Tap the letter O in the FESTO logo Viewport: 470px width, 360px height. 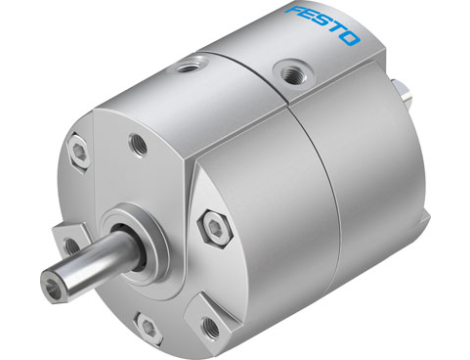pos(350,38)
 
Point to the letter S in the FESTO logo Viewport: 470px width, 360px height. pos(323,23)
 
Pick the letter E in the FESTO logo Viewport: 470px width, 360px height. pos(309,16)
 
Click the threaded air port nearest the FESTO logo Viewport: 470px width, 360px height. pos(293,70)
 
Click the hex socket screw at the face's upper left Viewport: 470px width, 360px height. pos(79,152)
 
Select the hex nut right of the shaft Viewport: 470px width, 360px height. pos(213,229)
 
